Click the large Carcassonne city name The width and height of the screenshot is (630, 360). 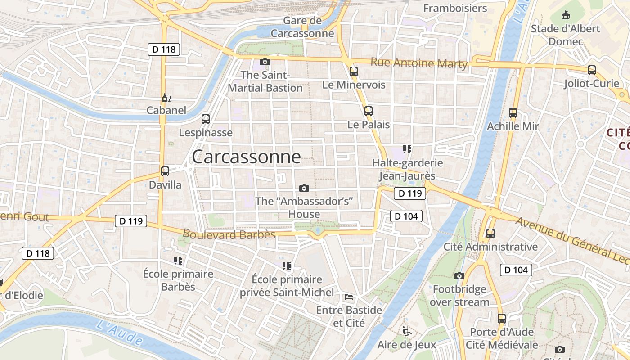pyautogui.click(x=246, y=157)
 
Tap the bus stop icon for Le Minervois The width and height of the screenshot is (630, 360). pyautogui.click(x=354, y=71)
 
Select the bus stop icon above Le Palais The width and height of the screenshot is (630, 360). pyautogui.click(x=369, y=111)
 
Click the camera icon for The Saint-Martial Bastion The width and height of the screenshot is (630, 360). pyautogui.click(x=265, y=62)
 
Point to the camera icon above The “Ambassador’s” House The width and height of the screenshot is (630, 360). pyautogui.click(x=304, y=188)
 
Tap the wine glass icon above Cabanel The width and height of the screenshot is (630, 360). pyautogui.click(x=166, y=98)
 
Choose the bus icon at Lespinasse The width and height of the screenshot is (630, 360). pyautogui.click(x=206, y=119)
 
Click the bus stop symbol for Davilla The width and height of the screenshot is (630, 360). pyautogui.click(x=165, y=171)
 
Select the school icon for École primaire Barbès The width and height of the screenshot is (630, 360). pyautogui.click(x=178, y=260)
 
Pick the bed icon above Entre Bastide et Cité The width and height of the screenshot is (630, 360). pyautogui.click(x=349, y=297)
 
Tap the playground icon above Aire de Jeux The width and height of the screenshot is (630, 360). pyautogui.click(x=407, y=332)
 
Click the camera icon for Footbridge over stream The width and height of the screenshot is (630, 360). pyautogui.click(x=459, y=276)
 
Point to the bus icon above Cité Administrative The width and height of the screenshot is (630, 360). pyautogui.click(x=490, y=234)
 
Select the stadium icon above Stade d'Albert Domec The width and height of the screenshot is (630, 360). pyautogui.click(x=566, y=15)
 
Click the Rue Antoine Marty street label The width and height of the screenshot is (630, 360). pyautogui.click(x=419, y=63)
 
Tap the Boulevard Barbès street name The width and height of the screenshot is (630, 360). pyautogui.click(x=229, y=234)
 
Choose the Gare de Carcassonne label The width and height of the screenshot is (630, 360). pyautogui.click(x=302, y=27)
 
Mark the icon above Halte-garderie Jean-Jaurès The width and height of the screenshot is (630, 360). pyautogui.click(x=407, y=149)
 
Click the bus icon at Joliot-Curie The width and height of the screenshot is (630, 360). pyautogui.click(x=592, y=70)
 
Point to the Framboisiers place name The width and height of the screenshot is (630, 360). pyautogui.click(x=455, y=8)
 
